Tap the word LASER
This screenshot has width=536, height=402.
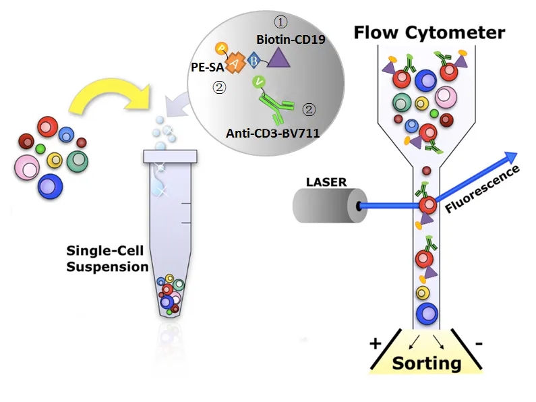coord(326,181)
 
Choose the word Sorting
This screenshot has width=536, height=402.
coord(426,363)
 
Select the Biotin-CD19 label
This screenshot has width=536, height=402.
coord(291,40)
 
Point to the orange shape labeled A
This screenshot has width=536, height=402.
coord(235,63)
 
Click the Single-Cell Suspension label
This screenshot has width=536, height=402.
coord(107,258)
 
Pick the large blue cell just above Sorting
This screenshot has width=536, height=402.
coord(425,313)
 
